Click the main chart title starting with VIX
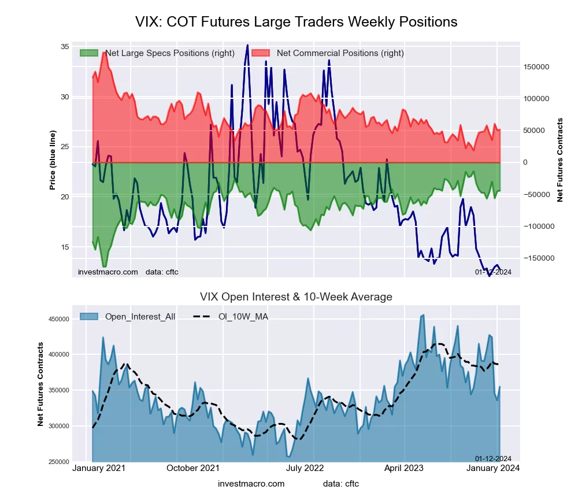pyautogui.click(x=296, y=22)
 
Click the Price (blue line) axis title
pyautogui.click(x=53, y=160)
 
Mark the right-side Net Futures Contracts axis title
pyautogui.click(x=560, y=160)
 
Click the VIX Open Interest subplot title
pyautogui.click(x=296, y=297)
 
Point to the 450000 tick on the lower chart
pyautogui.click(x=55, y=318)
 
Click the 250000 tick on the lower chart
pyautogui.click(x=55, y=462)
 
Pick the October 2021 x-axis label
pyautogui.click(x=192, y=468)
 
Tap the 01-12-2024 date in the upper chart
pyautogui.click(x=493, y=272)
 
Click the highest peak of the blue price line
pyautogui.click(x=247, y=45)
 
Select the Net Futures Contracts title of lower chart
pyautogui.click(x=40, y=384)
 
